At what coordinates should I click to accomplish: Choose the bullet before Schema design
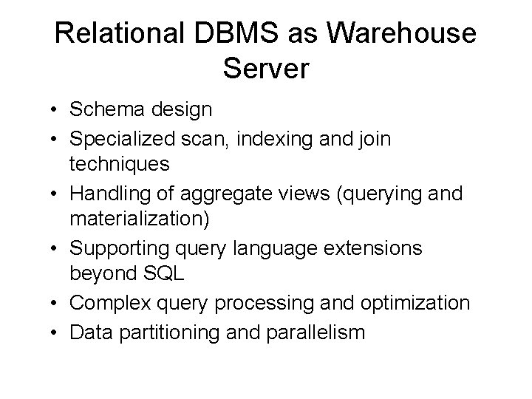point(55,111)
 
